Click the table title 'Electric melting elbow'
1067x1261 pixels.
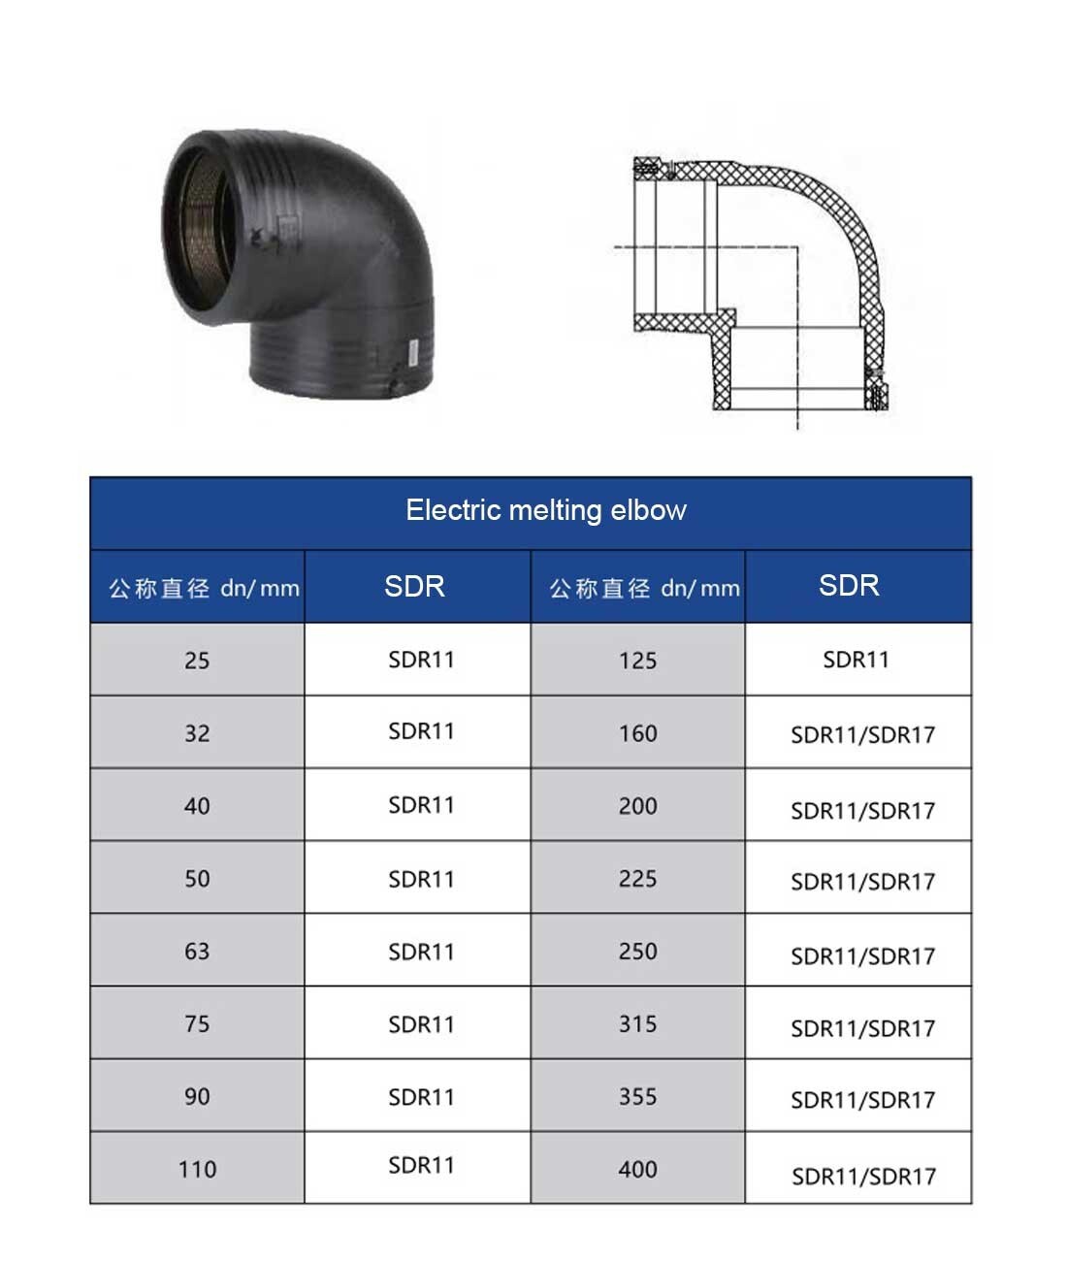click(546, 510)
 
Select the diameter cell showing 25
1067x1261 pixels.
click(197, 661)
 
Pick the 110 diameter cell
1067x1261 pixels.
click(197, 1169)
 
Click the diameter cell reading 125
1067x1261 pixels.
click(637, 661)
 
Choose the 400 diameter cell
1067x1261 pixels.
click(637, 1169)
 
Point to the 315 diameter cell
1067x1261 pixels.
click(637, 1023)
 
